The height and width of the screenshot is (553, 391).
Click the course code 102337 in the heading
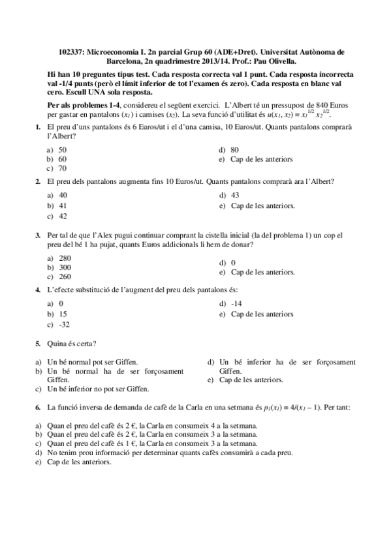tap(71, 51)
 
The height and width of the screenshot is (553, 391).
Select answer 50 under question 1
tap(63, 149)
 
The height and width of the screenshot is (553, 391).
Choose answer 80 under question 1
tap(235, 149)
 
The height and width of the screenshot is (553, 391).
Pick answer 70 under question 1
tap(63, 168)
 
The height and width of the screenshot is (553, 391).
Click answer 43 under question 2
tap(235, 195)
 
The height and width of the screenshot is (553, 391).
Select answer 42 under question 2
tap(63, 215)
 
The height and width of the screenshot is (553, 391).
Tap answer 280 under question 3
tap(65, 258)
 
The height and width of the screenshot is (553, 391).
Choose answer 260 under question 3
tap(65, 276)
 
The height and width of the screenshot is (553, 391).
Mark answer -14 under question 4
tap(236, 304)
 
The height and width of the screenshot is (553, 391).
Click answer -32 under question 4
tap(64, 324)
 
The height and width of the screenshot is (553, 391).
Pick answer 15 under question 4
tap(63, 314)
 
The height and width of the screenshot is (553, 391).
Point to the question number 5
tap(37, 344)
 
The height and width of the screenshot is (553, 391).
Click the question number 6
tap(37, 407)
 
